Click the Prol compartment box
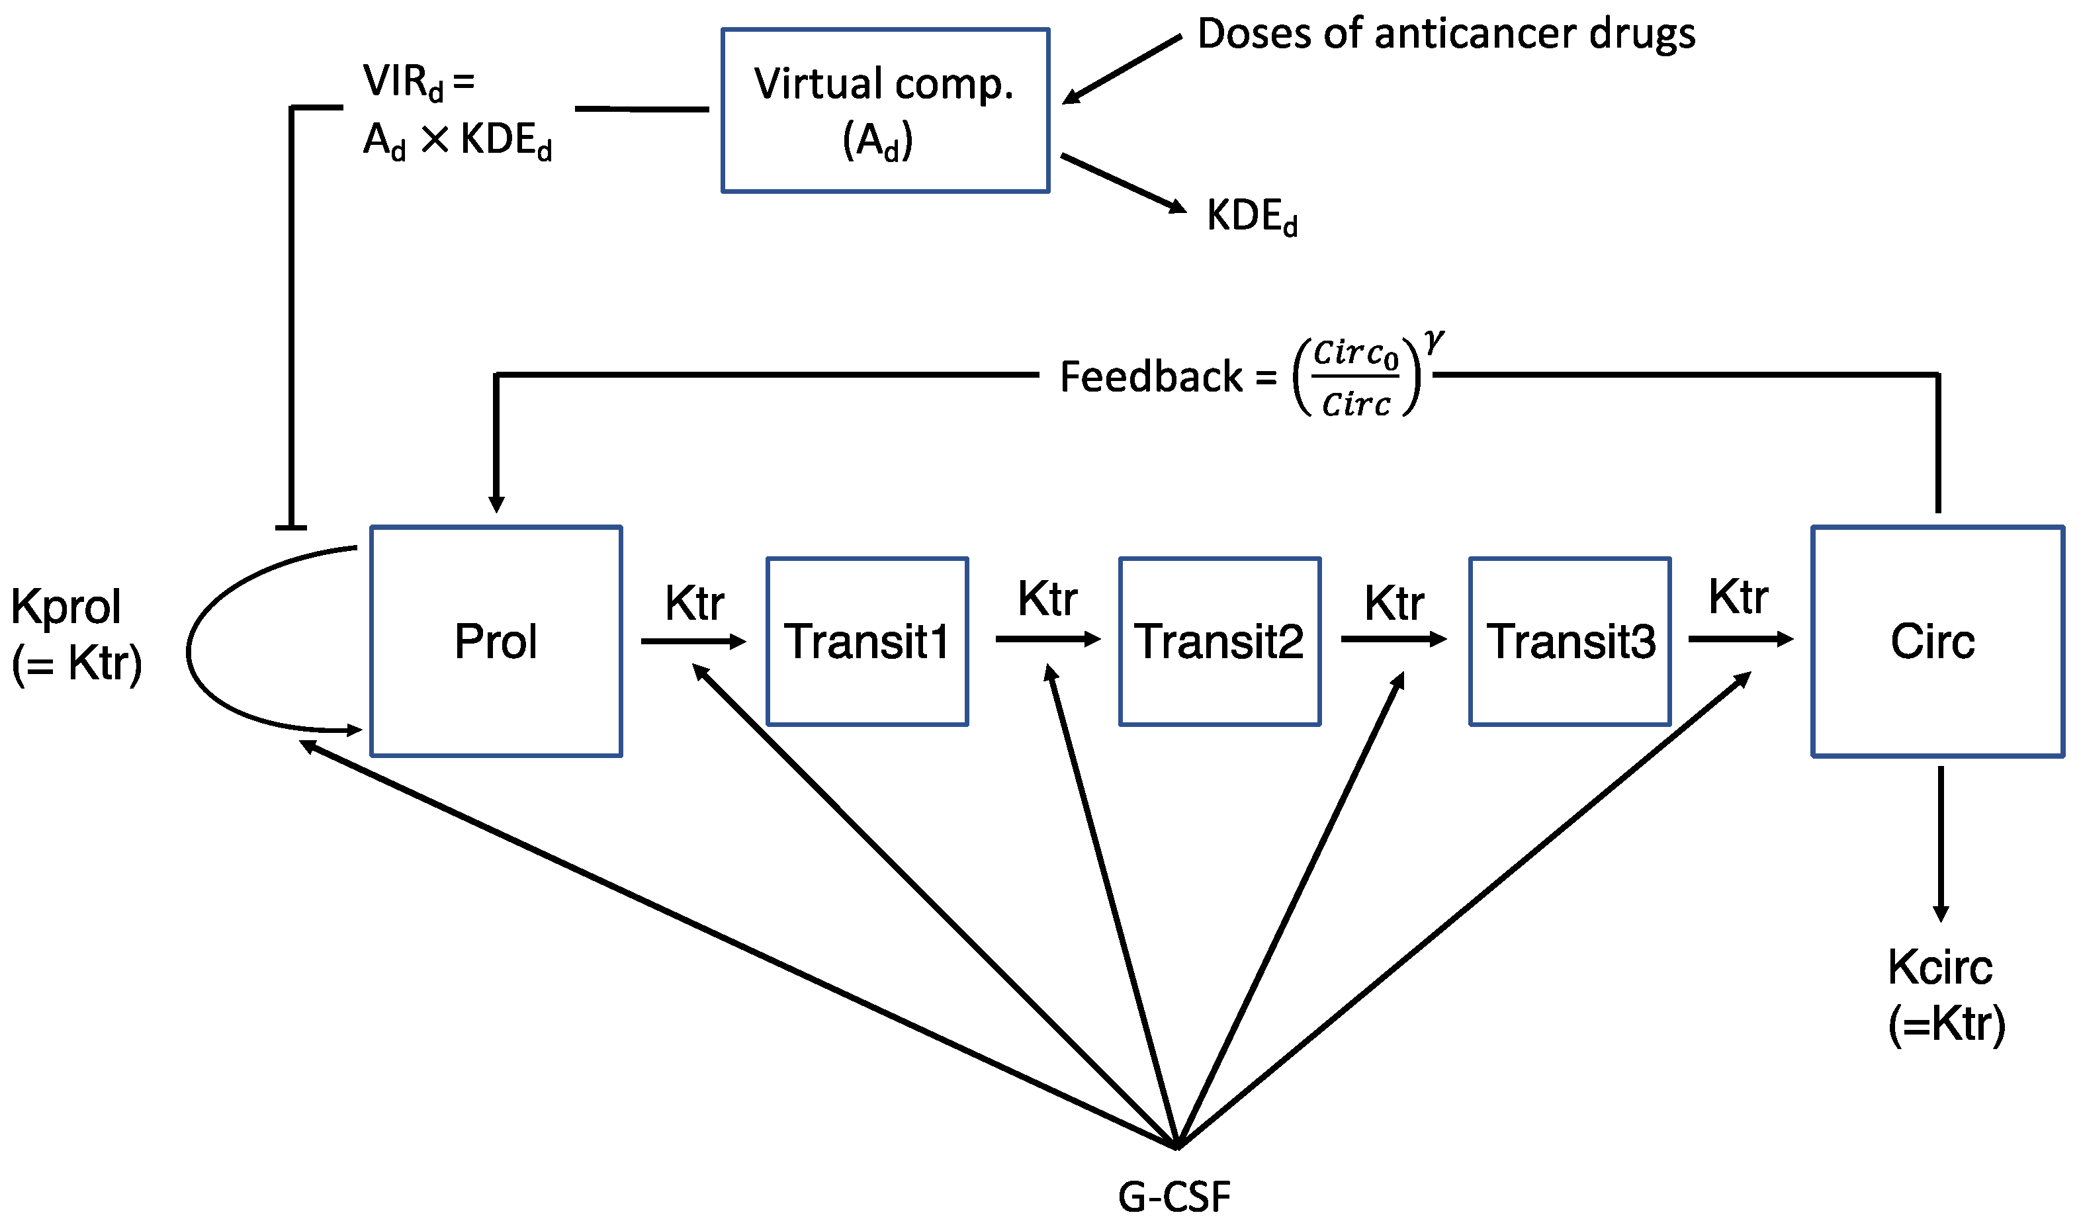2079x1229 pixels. (496, 641)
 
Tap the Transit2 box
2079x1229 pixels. (1219, 642)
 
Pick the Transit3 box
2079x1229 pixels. (1570, 642)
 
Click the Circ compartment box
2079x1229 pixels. (1937, 641)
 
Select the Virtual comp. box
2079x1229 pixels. (885, 110)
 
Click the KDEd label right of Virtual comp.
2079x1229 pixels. (1251, 216)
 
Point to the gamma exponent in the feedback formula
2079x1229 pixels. (1434, 341)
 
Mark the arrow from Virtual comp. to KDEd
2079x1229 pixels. (1122, 182)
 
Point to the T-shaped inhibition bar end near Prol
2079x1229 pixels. (290, 527)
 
